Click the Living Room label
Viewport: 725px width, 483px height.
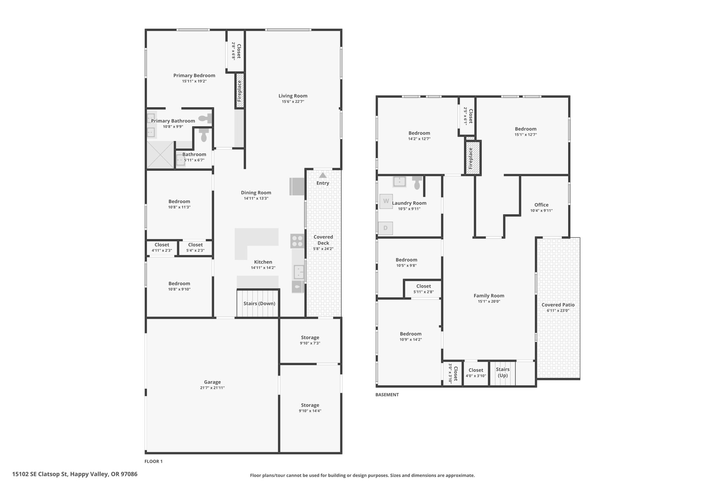pyautogui.click(x=293, y=96)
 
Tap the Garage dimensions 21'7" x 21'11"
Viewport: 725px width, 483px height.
pyautogui.click(x=212, y=388)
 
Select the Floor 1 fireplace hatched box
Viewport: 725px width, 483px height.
pyautogui.click(x=240, y=91)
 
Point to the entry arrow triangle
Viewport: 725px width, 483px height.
pyautogui.click(x=322, y=175)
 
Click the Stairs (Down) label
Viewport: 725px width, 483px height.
pyautogui.click(x=259, y=304)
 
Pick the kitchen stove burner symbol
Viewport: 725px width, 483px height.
pyautogui.click(x=297, y=241)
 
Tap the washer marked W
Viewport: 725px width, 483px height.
pyautogui.click(x=386, y=201)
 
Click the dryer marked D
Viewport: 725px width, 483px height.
pyautogui.click(x=386, y=228)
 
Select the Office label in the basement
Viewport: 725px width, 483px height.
pyautogui.click(x=541, y=205)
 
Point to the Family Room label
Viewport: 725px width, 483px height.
pyautogui.click(x=489, y=296)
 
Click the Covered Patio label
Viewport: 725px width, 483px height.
pyautogui.click(x=558, y=305)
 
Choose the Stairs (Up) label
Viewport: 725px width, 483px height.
pyautogui.click(x=503, y=372)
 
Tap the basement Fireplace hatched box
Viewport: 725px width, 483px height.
pyautogui.click(x=473, y=158)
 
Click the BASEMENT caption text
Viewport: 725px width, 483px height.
pyautogui.click(x=387, y=395)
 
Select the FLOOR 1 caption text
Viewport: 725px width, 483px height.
pyautogui.click(x=154, y=461)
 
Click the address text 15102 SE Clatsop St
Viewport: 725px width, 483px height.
pyautogui.click(x=40, y=474)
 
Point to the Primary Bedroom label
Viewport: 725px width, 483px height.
pyautogui.click(x=194, y=75)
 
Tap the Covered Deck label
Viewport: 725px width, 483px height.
pyautogui.click(x=323, y=240)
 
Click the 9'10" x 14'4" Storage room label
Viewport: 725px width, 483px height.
pyautogui.click(x=310, y=405)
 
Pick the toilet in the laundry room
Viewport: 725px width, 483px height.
pyautogui.click(x=417, y=182)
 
